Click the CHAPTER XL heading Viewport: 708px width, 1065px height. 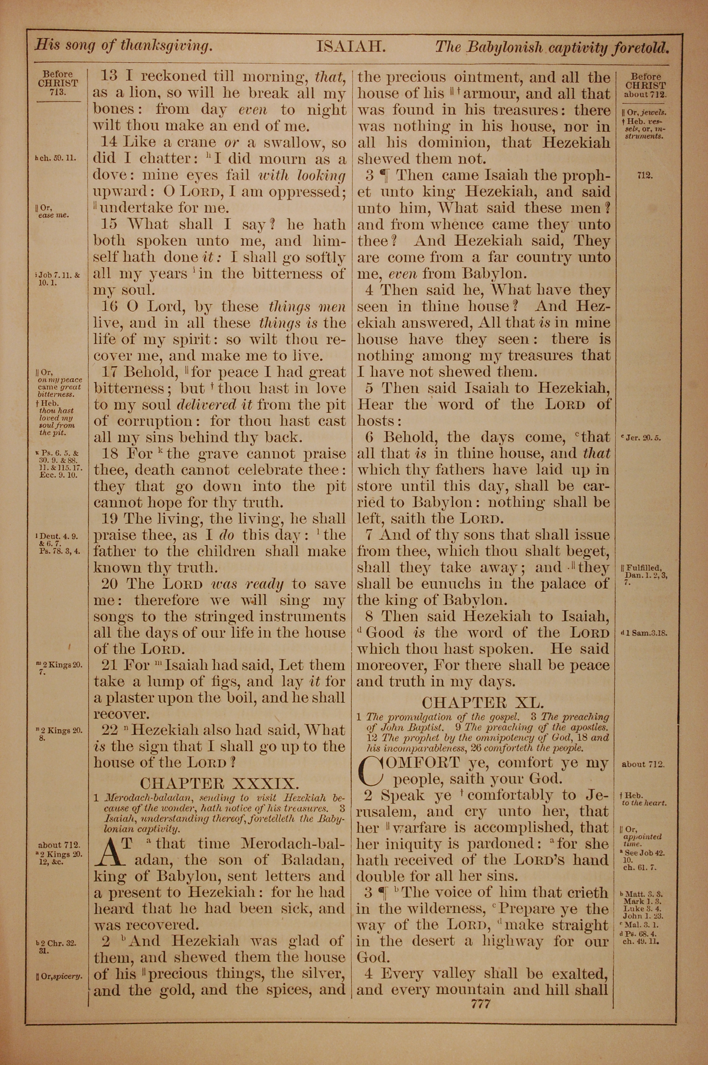tap(483, 702)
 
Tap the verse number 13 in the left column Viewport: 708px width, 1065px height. tap(108, 76)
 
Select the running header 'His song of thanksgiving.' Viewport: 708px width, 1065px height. tap(124, 46)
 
